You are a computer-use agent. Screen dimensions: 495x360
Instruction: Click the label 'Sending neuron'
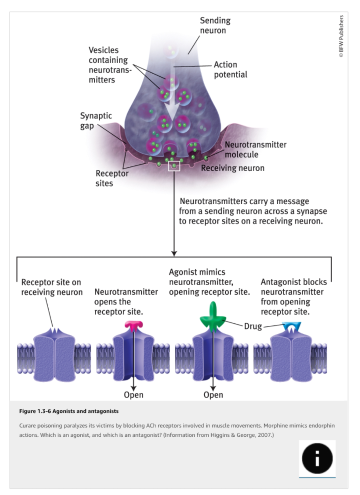click(x=215, y=25)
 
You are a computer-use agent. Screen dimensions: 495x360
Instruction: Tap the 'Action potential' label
click(x=230, y=69)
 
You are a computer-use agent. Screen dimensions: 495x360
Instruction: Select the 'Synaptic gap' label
click(x=96, y=120)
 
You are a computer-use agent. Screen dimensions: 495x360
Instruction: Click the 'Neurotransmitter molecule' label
click(x=255, y=149)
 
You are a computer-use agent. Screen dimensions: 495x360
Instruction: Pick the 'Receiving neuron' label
click(x=232, y=168)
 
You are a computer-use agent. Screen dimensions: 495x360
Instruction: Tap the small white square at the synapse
click(x=173, y=165)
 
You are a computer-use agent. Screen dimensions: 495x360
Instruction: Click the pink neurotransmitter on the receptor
click(x=133, y=326)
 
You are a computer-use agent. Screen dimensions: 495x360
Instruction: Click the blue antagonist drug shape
click(x=290, y=326)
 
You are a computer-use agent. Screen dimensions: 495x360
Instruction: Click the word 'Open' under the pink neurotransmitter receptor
click(x=133, y=395)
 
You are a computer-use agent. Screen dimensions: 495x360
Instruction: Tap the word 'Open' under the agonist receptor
click(x=213, y=395)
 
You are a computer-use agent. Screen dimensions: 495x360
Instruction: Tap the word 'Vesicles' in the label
click(x=104, y=50)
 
